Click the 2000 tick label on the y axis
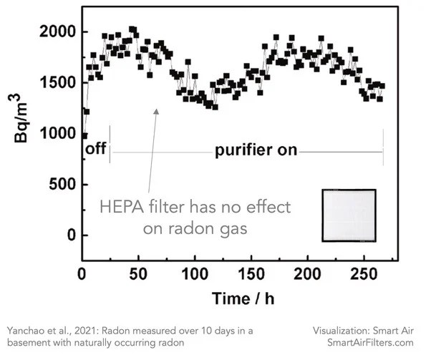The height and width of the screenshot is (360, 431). click(x=57, y=31)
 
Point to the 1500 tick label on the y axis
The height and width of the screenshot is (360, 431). click(x=57, y=82)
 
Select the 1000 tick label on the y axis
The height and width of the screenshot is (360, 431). click(x=57, y=133)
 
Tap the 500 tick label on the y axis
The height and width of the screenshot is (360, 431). click(x=61, y=184)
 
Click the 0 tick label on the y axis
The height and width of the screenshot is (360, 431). click(x=69, y=235)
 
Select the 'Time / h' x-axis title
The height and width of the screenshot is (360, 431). click(x=232, y=297)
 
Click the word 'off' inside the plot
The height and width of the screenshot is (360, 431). click(x=95, y=150)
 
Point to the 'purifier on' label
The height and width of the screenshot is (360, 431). click(x=256, y=151)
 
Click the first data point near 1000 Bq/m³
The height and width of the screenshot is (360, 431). click(x=84, y=135)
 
